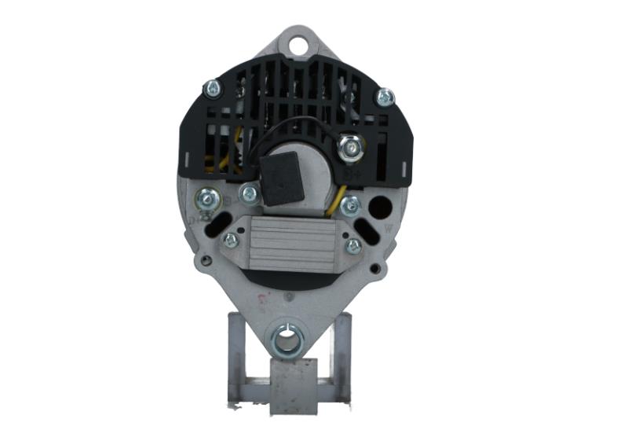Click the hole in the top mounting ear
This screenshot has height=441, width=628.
coord(298,44)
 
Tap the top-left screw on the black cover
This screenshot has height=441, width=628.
coord(212,89)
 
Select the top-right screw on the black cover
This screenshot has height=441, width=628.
coord(384,97)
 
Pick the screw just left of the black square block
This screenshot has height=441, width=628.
coord(250,192)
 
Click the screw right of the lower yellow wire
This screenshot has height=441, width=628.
coord(351,205)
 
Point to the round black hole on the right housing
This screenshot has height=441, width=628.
coord(381,208)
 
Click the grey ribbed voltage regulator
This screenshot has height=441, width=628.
coord(291,243)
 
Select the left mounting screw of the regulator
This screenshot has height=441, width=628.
coord(231,240)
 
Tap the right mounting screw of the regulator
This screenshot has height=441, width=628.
coord(353,245)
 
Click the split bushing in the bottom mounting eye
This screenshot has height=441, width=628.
coord(287,340)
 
